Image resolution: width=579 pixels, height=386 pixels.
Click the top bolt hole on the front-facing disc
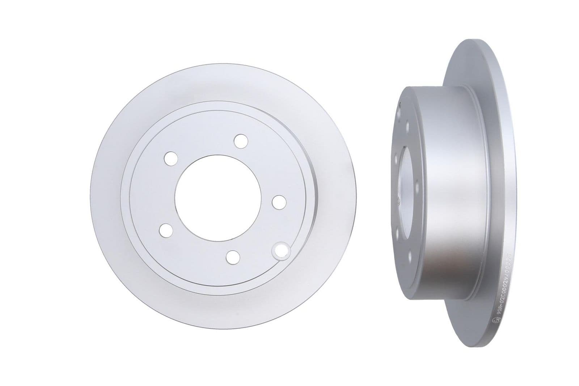click(x=241, y=141)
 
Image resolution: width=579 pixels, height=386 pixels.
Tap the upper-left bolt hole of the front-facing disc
click(x=170, y=158)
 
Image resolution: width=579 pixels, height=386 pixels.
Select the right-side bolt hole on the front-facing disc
click(x=279, y=202)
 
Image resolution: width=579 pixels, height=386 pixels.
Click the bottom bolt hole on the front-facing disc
click(x=233, y=256)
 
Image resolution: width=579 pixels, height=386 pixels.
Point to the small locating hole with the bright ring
click(x=281, y=250)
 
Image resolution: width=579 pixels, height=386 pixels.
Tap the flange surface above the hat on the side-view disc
click(x=470, y=65)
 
